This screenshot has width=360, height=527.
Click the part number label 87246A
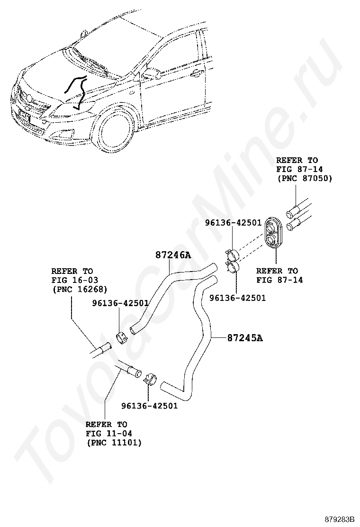point(172,255)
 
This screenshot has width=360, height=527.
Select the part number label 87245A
point(245,338)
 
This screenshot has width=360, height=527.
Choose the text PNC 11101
point(114,443)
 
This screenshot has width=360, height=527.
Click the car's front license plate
point(24,117)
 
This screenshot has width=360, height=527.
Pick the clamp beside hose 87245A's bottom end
point(150,378)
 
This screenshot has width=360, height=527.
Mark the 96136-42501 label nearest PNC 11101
point(149,406)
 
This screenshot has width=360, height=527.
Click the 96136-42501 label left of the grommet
point(234,222)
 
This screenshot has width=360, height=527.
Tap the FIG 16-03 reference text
point(74,280)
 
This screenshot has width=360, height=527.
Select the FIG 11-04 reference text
point(109,433)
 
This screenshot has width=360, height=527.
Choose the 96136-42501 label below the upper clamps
point(237,298)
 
